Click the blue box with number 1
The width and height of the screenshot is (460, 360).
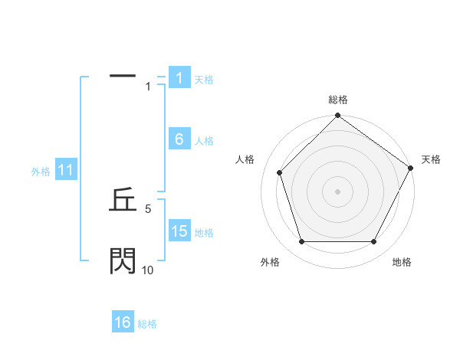(x=179, y=78)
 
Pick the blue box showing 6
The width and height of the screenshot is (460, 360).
(x=179, y=139)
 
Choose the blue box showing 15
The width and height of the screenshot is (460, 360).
(x=179, y=231)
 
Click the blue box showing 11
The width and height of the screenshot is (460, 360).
(x=65, y=171)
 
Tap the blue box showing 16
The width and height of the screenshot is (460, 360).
(x=123, y=322)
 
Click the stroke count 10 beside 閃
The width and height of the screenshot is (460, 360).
(x=148, y=270)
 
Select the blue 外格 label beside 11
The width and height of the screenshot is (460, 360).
(x=41, y=172)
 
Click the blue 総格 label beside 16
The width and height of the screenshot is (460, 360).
(x=147, y=324)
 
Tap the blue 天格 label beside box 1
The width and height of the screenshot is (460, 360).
(x=204, y=79)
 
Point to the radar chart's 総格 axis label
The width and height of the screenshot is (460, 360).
(x=338, y=100)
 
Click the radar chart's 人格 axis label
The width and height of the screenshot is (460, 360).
(x=245, y=159)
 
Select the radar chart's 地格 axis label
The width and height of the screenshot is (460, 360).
(x=402, y=262)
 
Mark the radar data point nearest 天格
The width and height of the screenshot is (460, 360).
(x=410, y=168)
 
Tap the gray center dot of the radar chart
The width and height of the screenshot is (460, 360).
(x=337, y=191)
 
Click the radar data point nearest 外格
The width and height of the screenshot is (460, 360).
(x=301, y=241)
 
